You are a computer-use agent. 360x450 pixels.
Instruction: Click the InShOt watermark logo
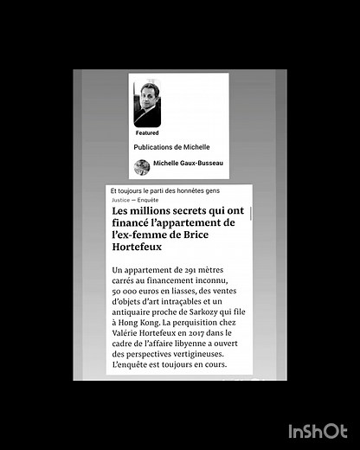point(318,430)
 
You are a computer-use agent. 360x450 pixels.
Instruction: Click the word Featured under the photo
point(147,133)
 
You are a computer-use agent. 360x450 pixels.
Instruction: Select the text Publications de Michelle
point(171,147)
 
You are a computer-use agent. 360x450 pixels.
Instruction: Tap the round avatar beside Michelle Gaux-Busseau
point(142,166)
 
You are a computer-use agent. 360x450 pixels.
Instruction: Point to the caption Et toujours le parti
point(164,190)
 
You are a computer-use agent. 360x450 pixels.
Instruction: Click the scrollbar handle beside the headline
point(251,213)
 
